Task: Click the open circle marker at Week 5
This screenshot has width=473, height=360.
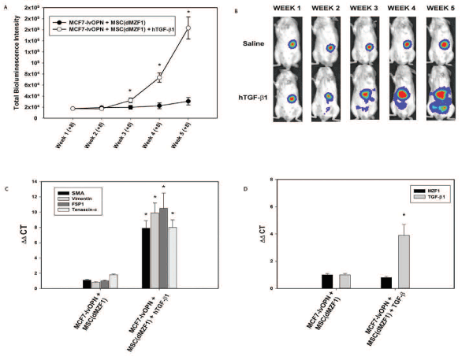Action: (x=188, y=28)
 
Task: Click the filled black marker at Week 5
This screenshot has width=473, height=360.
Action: (x=188, y=101)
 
